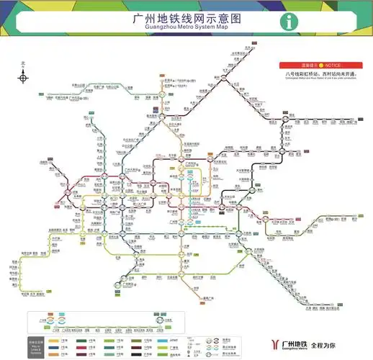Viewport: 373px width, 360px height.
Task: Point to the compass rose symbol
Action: pyautogui.click(x=23, y=76)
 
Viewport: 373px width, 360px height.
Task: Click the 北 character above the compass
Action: pyautogui.click(x=23, y=63)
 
